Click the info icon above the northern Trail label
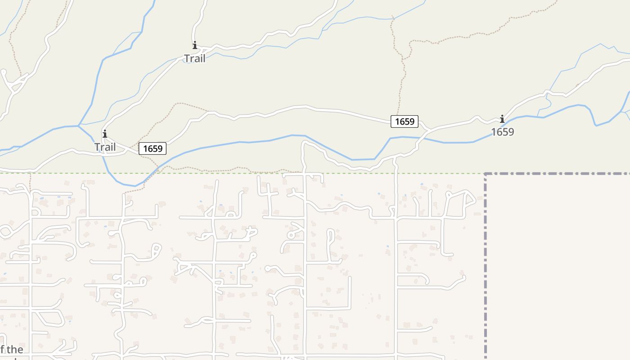click(195, 45)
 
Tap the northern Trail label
click(195, 58)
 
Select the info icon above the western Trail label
click(105, 134)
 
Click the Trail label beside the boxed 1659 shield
click(105, 147)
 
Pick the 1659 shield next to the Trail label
click(153, 148)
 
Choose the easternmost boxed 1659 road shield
click(405, 121)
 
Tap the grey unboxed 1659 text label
click(502, 132)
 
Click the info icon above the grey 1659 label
click(502, 119)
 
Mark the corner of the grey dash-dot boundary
click(486, 174)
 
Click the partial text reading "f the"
click(12, 350)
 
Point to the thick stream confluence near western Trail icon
click(78, 125)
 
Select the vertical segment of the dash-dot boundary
click(486, 270)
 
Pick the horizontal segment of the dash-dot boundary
click(558, 174)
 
